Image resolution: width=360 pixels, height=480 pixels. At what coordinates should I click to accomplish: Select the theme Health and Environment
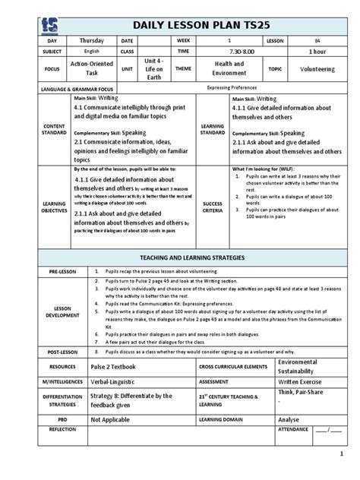coord(226,69)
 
